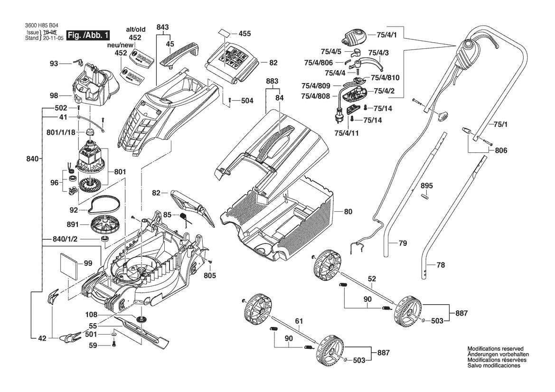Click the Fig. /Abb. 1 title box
(88, 36)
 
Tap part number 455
(245, 34)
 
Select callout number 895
(426, 186)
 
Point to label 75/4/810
(385, 77)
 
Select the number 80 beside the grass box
(348, 212)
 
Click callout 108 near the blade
(91, 315)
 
